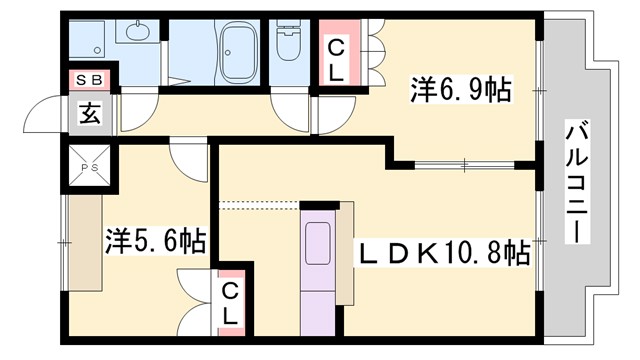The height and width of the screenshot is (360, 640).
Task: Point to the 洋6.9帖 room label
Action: tap(461, 91)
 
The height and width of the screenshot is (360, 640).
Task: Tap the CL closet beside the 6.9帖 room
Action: tap(334, 60)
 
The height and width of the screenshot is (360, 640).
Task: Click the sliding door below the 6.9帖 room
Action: tap(465, 163)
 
